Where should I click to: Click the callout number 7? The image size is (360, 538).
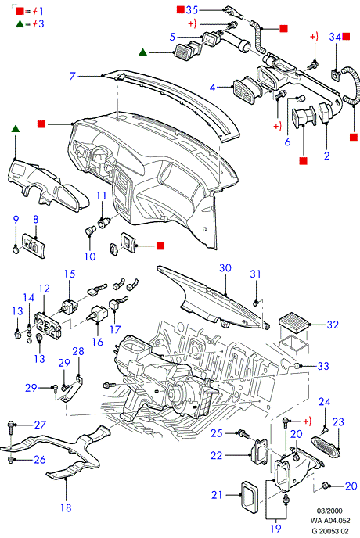point(72,76)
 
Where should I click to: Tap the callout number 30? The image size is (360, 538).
point(225,267)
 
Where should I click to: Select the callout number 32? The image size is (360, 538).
point(333,325)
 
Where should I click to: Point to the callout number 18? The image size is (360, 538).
point(66,508)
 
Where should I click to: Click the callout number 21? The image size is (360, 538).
point(217,495)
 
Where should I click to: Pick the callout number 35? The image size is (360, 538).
point(192,10)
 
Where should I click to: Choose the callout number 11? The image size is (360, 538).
point(101,195)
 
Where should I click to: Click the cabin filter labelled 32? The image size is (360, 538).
point(295,322)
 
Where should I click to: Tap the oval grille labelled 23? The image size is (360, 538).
point(326,447)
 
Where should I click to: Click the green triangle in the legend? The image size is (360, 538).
point(20,23)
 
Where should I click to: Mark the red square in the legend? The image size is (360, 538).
point(20,11)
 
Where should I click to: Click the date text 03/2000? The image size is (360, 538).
point(329,511)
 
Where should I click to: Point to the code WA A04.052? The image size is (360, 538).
point(330,521)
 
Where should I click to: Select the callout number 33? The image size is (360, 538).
point(323,366)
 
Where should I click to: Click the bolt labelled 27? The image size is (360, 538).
point(10,426)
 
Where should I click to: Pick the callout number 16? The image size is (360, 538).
point(98,342)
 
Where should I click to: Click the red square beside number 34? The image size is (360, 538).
point(346,36)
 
